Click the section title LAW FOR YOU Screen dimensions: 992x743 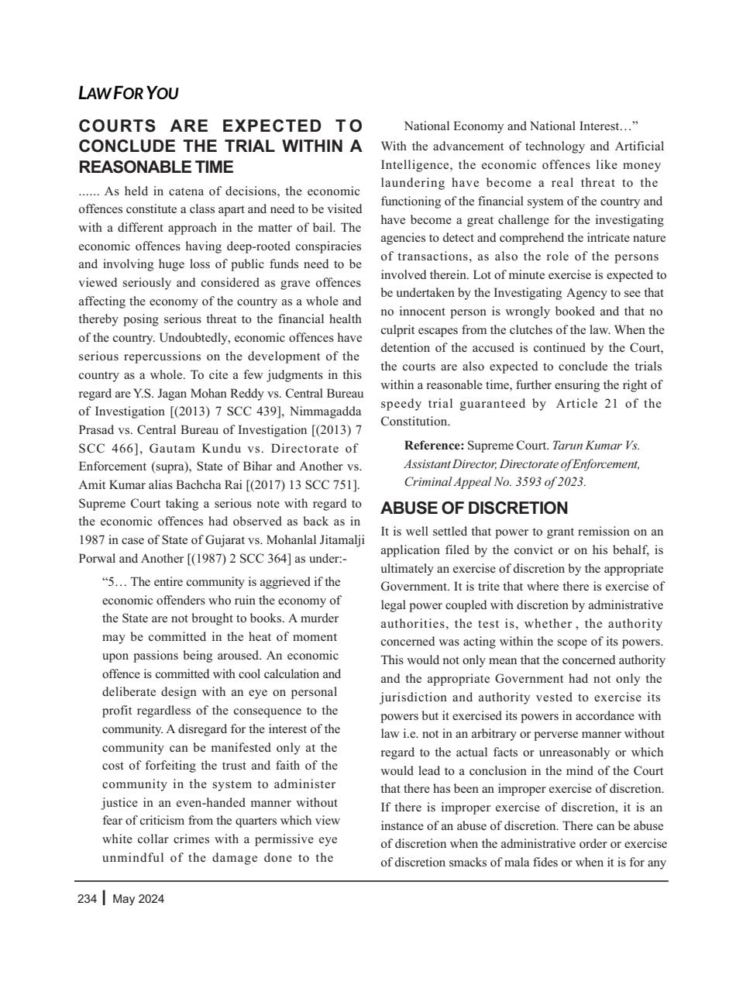tap(129, 94)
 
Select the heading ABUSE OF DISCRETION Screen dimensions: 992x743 tap(474, 508)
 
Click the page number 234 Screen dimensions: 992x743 tap(88, 899)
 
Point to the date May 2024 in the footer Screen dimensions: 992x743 tap(138, 899)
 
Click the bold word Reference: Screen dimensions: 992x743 tap(434, 446)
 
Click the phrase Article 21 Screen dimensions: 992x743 tap(586, 403)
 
